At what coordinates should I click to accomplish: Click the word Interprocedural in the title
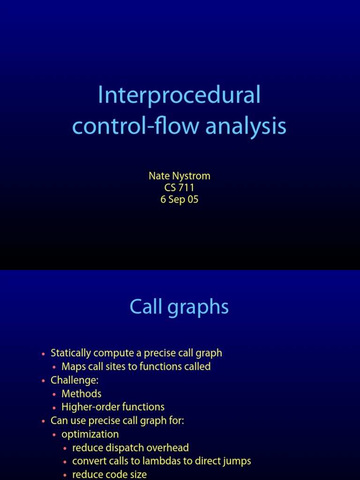[179, 96]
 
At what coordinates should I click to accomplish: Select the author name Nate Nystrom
[180, 176]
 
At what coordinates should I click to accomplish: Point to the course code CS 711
[180, 187]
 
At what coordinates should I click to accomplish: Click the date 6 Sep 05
[180, 199]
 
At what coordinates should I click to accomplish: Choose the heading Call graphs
[180, 307]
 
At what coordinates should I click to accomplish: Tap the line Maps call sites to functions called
[136, 367]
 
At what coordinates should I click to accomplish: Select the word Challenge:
[72, 380]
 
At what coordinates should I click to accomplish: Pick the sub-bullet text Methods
[81, 394]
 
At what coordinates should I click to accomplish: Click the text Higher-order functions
[113, 407]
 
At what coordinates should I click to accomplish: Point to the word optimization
[90, 435]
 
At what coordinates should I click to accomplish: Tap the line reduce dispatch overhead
[130, 448]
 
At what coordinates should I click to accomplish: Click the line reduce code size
[109, 474]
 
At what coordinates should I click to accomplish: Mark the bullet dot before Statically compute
[44, 354]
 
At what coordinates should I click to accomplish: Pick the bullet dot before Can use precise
[44, 421]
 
